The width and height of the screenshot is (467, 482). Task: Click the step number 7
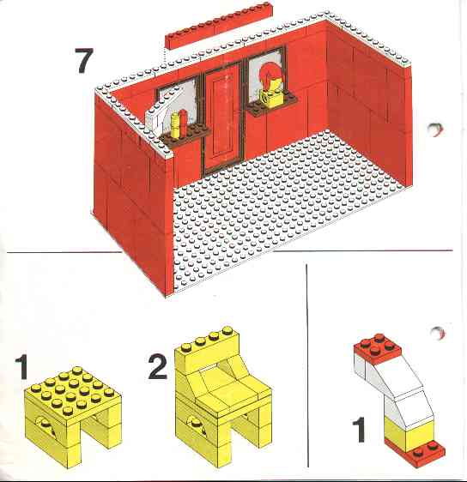(83, 61)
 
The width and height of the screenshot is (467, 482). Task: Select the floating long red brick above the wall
(219, 25)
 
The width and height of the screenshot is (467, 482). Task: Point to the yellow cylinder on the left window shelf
(175, 124)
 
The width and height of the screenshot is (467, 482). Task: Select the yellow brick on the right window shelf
(270, 98)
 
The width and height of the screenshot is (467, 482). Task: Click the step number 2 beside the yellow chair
(158, 366)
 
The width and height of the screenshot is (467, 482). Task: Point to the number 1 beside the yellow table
(22, 367)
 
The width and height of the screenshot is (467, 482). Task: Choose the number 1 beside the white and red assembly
(359, 430)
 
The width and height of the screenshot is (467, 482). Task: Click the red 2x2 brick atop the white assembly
(378, 349)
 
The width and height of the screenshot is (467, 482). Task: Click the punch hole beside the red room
(435, 130)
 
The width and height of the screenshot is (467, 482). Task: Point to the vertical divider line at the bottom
(306, 365)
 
